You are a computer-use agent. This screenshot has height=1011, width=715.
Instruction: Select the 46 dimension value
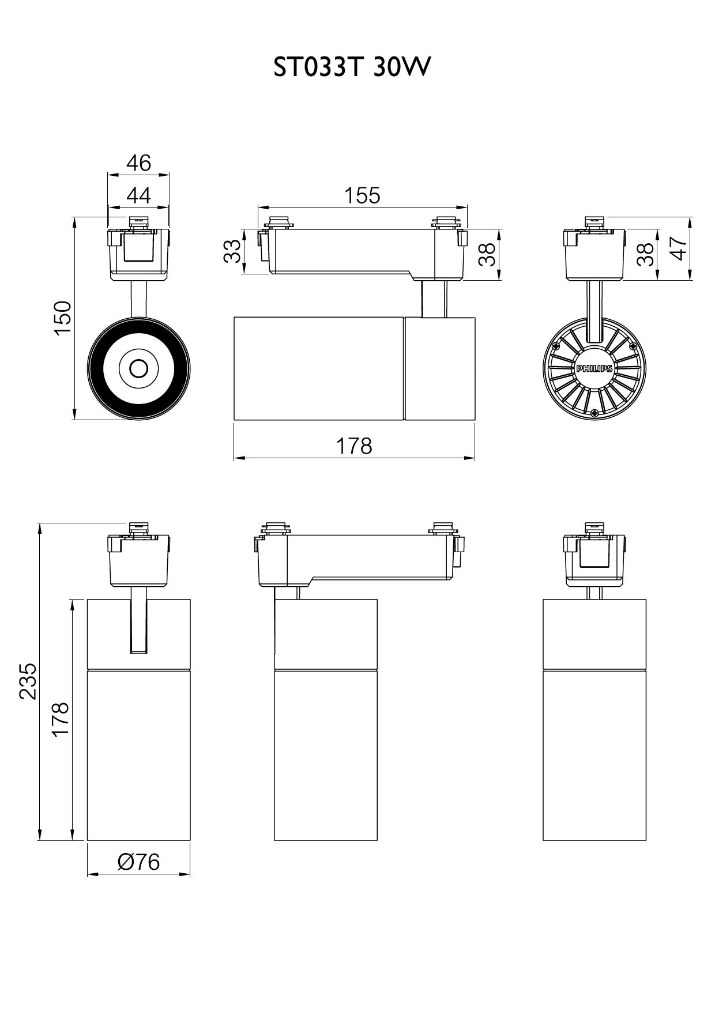[139, 163]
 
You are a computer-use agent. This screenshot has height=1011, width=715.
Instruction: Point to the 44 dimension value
[139, 195]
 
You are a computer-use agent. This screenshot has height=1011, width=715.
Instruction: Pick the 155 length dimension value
[362, 196]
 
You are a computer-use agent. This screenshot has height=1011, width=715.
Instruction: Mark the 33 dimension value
[232, 251]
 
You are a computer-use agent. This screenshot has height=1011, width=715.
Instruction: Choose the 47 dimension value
[681, 248]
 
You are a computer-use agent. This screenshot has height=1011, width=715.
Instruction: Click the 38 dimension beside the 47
[646, 254]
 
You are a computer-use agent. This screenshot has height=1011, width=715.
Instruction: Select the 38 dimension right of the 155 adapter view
[487, 254]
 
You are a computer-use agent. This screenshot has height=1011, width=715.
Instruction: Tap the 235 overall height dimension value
[28, 681]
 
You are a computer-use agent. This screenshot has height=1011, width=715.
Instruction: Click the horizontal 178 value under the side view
[354, 446]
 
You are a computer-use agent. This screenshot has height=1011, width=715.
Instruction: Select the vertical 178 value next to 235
[61, 718]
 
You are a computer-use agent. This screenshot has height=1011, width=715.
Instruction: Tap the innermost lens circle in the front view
[139, 367]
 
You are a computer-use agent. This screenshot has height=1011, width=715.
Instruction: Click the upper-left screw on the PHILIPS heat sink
[556, 346]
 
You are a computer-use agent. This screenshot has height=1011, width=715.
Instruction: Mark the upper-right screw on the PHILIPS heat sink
[633, 346]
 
